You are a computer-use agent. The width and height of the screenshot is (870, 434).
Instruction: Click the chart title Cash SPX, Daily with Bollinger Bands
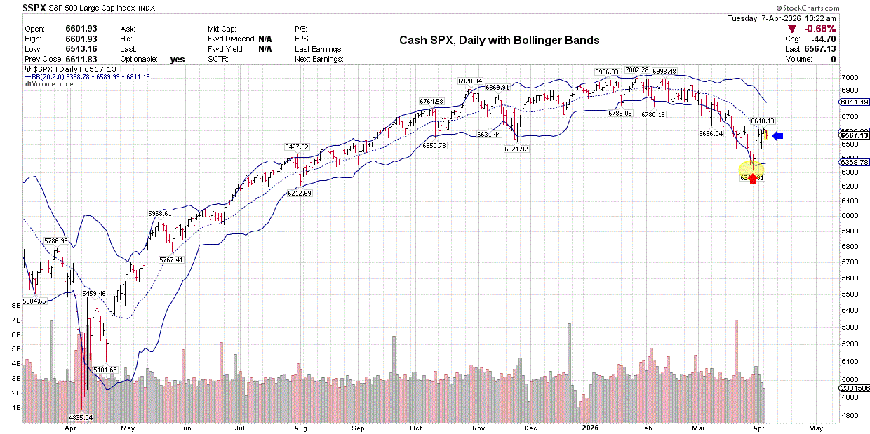499,41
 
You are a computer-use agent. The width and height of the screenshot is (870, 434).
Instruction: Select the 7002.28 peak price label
636,70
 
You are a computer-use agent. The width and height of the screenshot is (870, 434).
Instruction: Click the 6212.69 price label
303,193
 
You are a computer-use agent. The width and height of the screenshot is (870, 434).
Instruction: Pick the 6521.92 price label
515,149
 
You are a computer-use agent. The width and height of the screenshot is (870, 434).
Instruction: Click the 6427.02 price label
297,147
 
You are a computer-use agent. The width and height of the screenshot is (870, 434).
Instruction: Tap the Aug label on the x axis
300,427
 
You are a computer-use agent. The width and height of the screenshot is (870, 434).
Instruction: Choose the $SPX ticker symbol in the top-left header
34,7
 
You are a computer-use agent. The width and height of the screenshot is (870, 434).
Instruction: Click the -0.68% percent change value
820,29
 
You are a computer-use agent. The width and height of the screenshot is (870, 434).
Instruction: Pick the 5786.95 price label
55,241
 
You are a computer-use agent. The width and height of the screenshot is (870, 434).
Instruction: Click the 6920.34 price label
469,81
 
